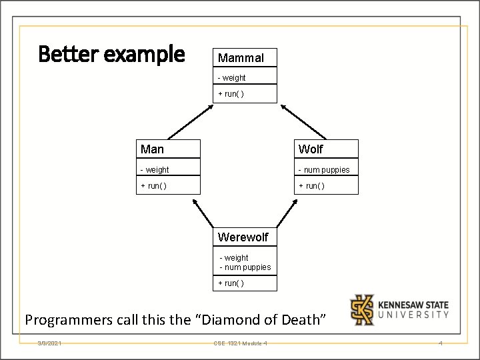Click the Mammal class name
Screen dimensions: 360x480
tap(241, 58)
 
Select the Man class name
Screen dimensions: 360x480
tap(152, 149)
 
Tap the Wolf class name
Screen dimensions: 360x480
tap(311, 149)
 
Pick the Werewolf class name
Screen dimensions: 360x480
tap(243, 237)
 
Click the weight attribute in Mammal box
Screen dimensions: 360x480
tap(233, 78)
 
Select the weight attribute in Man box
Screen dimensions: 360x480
tap(155, 170)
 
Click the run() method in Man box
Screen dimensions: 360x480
tap(153, 185)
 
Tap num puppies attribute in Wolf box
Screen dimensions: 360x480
tap(324, 170)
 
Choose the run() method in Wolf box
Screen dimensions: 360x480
tap(311, 185)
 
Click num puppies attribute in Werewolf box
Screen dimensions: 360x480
tap(245, 267)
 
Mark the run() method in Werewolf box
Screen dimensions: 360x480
tap(231, 283)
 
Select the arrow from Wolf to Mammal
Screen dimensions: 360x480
tap(303, 121)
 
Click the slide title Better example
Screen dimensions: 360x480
tap(111, 54)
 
